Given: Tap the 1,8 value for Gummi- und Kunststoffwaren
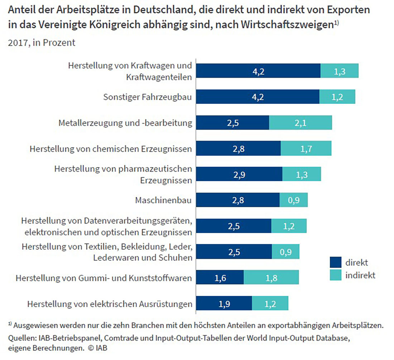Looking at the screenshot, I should (x=271, y=277).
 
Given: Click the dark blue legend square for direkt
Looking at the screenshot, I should (x=335, y=263).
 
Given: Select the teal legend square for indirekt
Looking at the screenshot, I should (x=335, y=276).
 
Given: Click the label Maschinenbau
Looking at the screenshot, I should (x=163, y=200).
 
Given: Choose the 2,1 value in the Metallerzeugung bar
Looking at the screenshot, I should (x=300, y=123).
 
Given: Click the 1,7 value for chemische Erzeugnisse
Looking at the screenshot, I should (x=306, y=149).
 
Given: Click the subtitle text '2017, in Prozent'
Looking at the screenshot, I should (x=42, y=43).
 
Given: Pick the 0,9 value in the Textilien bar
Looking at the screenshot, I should (x=285, y=252).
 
